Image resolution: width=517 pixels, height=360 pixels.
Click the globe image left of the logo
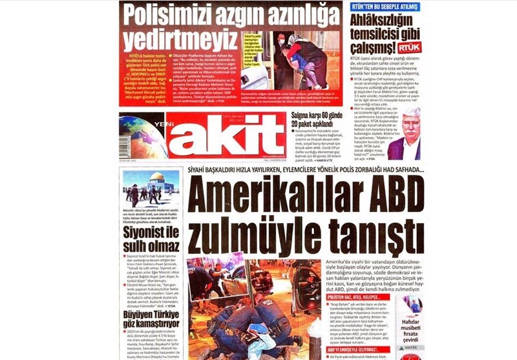(142, 136)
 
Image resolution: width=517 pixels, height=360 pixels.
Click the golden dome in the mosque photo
(156, 178)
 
